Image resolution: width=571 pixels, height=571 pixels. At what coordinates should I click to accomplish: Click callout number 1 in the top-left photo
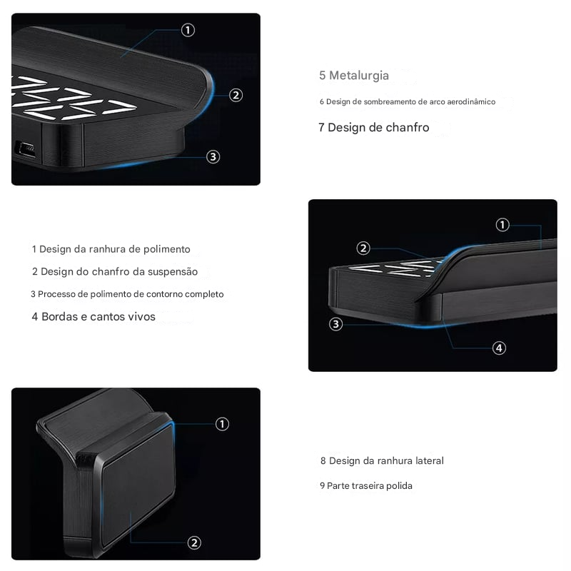[188, 30]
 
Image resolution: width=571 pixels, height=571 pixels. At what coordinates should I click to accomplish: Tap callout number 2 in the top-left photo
[236, 95]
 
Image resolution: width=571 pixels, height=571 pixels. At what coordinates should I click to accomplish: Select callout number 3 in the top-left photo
[213, 157]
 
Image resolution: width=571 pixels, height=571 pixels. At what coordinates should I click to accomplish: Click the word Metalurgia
[359, 76]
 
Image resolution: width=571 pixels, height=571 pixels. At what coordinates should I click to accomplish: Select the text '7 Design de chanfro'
[374, 128]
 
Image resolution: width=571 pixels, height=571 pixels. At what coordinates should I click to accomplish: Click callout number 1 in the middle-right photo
[502, 225]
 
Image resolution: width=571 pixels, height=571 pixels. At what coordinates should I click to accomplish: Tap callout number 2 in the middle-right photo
[363, 248]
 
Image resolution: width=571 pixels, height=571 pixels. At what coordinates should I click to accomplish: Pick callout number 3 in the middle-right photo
[336, 324]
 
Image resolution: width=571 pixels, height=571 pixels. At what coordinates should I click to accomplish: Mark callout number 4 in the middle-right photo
[500, 348]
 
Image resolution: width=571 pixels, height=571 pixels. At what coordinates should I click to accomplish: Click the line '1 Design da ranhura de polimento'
[111, 249]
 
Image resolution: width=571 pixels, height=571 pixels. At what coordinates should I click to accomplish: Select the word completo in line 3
[204, 294]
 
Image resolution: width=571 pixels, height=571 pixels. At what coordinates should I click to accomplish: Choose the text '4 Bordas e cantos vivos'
[94, 316]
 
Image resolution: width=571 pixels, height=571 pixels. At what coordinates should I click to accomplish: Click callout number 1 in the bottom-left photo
[222, 424]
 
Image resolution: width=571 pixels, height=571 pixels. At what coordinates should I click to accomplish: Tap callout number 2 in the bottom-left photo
[194, 542]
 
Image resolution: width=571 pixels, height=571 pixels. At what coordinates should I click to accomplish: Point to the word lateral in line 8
[428, 461]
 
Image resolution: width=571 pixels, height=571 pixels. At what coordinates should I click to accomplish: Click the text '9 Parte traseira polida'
[366, 486]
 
